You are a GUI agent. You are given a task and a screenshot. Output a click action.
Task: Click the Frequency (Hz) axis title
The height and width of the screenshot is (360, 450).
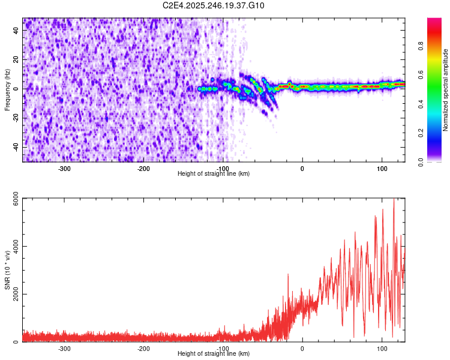[7, 89]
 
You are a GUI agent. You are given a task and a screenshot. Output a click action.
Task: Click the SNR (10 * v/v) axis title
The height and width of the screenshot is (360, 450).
[7, 269]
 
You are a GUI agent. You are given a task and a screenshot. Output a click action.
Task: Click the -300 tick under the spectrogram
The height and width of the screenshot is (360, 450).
[64, 168]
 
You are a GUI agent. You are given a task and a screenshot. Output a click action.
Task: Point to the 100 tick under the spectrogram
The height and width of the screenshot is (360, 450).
[382, 168]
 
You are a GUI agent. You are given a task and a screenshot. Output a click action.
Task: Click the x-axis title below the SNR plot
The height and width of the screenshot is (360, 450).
[214, 354]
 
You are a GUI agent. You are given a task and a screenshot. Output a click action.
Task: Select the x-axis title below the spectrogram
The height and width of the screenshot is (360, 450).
[214, 173]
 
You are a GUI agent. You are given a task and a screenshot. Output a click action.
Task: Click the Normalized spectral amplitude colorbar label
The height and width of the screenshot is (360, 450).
[446, 89]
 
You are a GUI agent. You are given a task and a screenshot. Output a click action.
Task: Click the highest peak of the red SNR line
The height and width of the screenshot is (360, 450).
[394, 199]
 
